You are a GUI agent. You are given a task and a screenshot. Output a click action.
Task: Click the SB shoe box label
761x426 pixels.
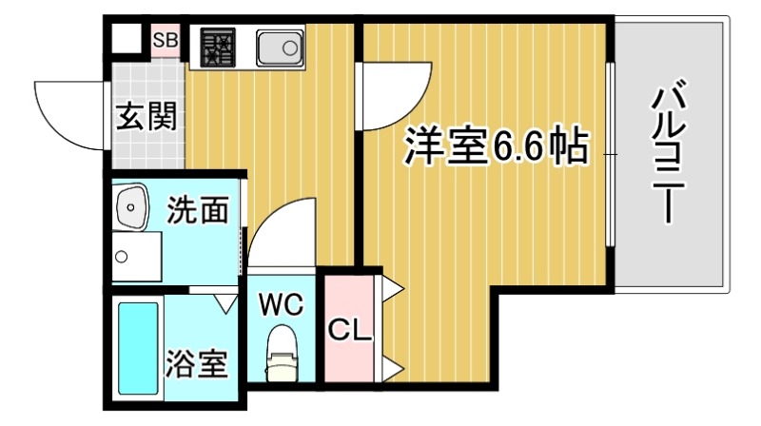pyautogui.click(x=165, y=39)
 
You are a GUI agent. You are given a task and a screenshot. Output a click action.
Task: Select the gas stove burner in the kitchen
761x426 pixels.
pyautogui.click(x=217, y=47)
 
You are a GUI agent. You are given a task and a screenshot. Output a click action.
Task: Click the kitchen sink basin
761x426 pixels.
pyautogui.click(x=279, y=45)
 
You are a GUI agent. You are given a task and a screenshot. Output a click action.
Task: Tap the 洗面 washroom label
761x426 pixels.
pyautogui.click(x=199, y=209)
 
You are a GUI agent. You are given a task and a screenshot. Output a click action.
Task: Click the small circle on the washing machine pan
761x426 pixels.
pyautogui.click(x=122, y=256)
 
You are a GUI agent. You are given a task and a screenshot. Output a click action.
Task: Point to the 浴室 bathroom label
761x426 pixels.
pyautogui.click(x=197, y=365)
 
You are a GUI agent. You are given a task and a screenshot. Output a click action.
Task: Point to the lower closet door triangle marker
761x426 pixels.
pyautogui.click(x=393, y=366)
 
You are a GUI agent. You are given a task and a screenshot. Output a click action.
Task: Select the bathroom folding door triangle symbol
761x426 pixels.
pyautogui.click(x=227, y=303)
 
